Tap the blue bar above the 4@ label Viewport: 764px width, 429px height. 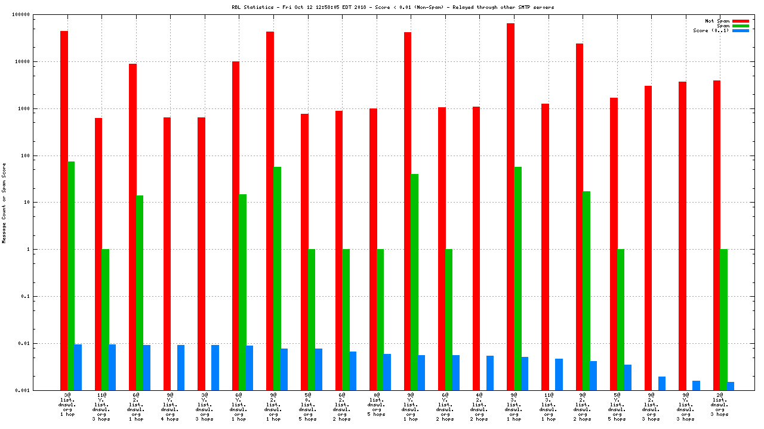pos(490,373)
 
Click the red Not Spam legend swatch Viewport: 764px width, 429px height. pos(740,21)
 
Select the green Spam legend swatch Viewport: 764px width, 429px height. pos(740,26)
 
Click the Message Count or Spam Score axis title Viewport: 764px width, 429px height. pos(4,203)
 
